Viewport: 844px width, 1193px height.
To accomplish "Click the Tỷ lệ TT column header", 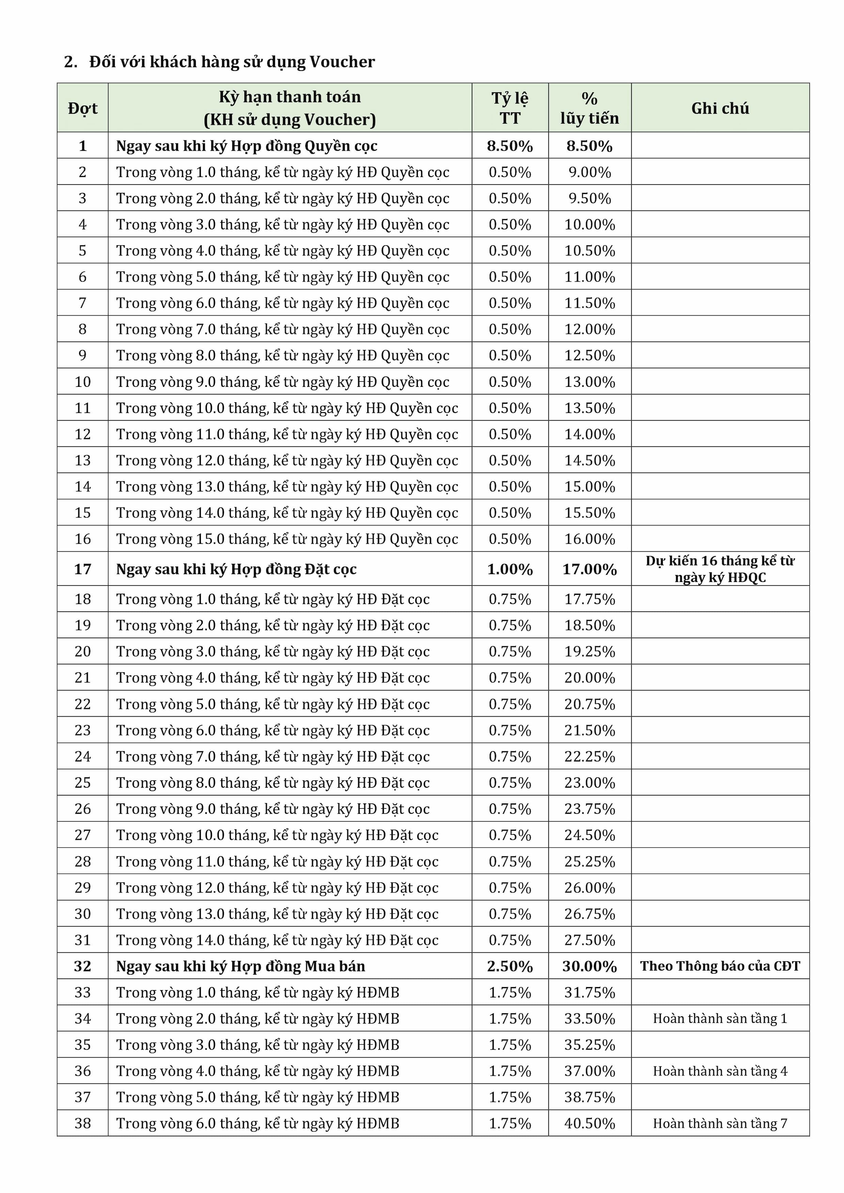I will (x=510, y=108).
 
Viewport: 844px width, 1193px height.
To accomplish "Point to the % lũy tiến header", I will (x=589, y=108).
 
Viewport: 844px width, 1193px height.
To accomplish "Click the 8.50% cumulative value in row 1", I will (x=589, y=146).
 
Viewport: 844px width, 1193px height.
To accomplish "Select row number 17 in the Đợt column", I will (x=83, y=569).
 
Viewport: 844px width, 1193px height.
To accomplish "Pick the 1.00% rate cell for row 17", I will (x=510, y=569).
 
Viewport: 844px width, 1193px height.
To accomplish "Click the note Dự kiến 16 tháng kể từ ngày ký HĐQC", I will (x=720, y=569).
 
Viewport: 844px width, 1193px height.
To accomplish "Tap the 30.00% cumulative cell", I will (x=589, y=967).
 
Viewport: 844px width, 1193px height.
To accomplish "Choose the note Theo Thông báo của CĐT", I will (x=720, y=967).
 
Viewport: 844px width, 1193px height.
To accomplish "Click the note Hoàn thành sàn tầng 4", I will (x=720, y=1071).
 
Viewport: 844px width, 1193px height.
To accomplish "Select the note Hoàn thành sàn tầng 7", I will (x=720, y=1124).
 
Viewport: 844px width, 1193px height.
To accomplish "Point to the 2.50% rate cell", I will (x=510, y=967).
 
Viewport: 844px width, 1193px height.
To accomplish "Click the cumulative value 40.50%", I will (x=589, y=1124).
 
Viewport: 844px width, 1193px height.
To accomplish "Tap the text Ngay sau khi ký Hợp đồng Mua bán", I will (x=241, y=967).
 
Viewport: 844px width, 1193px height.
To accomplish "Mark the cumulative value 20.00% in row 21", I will (x=589, y=678).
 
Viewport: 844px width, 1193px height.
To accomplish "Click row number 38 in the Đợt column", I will (x=83, y=1124).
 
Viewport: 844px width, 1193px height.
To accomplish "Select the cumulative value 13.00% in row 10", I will (x=589, y=382).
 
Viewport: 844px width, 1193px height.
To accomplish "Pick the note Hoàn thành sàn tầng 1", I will (x=720, y=1019).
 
